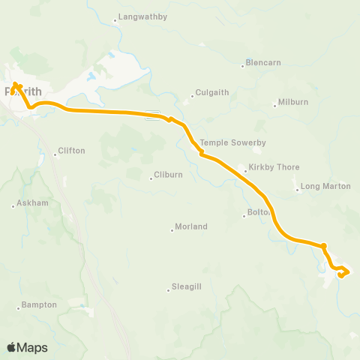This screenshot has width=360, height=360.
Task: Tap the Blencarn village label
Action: [264, 63]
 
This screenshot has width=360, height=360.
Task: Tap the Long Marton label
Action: [325, 186]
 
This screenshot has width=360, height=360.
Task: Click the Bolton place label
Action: [259, 214]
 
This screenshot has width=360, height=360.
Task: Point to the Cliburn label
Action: [168, 175]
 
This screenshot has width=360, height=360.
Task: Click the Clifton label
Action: [72, 151]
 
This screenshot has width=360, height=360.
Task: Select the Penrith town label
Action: [19, 91]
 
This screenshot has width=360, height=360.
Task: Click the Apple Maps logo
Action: [27, 347]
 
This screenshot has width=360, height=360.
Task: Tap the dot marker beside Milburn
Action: [275, 105]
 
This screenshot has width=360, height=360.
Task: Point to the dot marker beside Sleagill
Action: [168, 289]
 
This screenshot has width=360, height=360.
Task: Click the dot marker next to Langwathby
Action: [115, 20]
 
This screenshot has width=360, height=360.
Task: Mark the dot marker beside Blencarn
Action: [242, 65]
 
